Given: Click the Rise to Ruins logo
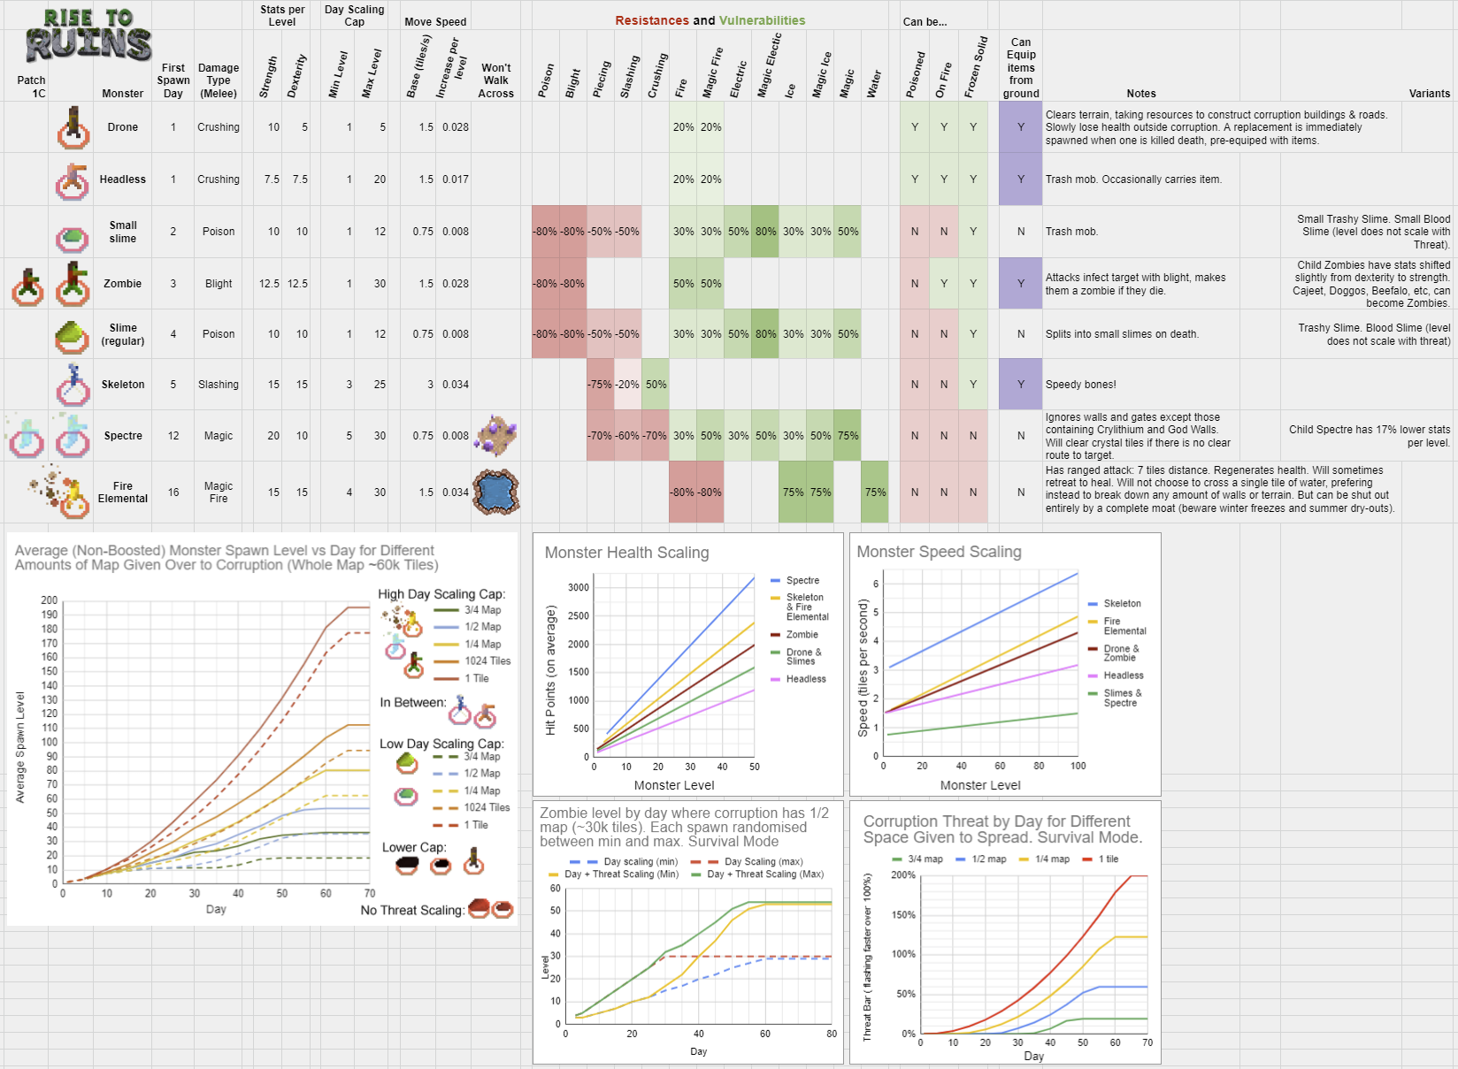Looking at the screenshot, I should (88, 36).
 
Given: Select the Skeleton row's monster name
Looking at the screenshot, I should (123, 385).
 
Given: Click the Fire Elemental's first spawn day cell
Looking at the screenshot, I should (173, 493).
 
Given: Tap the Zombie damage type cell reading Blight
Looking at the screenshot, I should (219, 284).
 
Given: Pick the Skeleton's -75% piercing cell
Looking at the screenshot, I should (601, 385).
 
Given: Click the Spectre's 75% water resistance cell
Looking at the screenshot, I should (848, 436).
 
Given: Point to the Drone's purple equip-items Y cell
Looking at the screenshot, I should (1021, 127).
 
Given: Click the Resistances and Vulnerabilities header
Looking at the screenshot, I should (710, 20).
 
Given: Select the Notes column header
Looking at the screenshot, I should (1141, 94).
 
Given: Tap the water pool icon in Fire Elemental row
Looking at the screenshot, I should (496, 493).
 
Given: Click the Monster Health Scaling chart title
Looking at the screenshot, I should (626, 553).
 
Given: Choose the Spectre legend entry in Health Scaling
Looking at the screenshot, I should (802, 581).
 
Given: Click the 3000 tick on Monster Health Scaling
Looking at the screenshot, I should (579, 588).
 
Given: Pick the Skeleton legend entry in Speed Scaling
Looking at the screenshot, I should (1122, 604).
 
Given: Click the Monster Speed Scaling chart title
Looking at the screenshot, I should (939, 552).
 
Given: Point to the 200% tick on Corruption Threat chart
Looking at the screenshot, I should (903, 875).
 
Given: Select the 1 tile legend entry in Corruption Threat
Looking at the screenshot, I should (1108, 859).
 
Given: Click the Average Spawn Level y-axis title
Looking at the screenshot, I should (20, 747).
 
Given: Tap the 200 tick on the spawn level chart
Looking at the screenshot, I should (50, 600).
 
